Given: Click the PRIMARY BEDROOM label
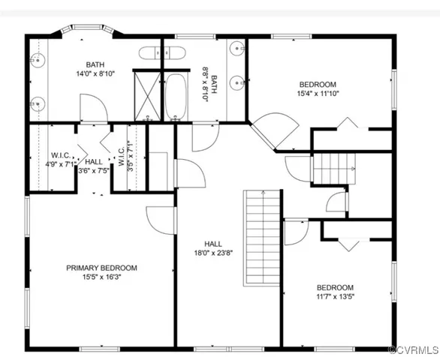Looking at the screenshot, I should (101, 268).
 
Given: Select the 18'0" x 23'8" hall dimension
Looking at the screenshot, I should (213, 252).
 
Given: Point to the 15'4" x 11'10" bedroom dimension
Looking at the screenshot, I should (318, 94).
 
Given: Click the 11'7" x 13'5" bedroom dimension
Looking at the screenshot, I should (334, 295).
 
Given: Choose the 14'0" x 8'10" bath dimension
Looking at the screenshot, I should (95, 73).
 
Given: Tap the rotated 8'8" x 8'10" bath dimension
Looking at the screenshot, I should (208, 85).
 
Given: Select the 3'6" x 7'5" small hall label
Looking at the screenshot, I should (94, 166).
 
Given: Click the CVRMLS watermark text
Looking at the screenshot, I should (411, 351).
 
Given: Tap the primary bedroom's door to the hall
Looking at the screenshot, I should (160, 218).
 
